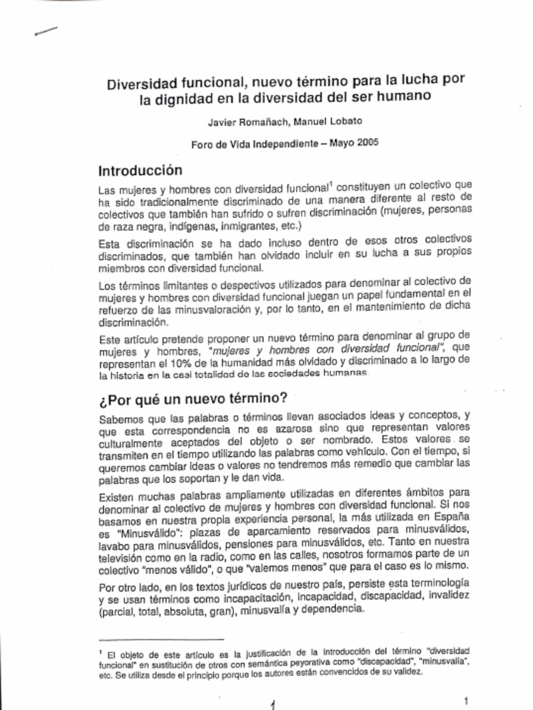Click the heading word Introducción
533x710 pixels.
(x=140, y=170)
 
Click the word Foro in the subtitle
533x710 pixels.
(x=202, y=145)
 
